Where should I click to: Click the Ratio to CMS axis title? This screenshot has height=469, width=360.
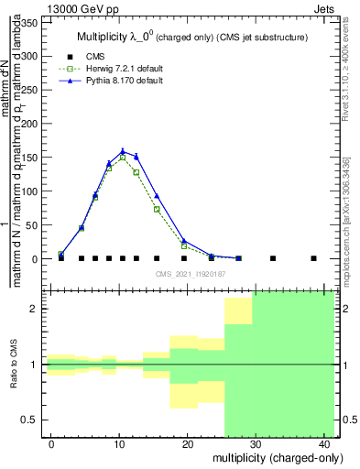[x=13, y=365]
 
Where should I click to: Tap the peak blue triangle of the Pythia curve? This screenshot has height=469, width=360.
[x=123, y=151]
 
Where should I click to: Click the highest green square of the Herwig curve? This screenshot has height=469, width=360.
[x=123, y=158]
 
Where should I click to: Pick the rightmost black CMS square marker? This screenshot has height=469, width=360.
[x=313, y=258]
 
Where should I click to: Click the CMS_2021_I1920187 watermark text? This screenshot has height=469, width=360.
[x=191, y=273]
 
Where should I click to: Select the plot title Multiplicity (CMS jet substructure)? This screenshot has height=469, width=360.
[x=191, y=37]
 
